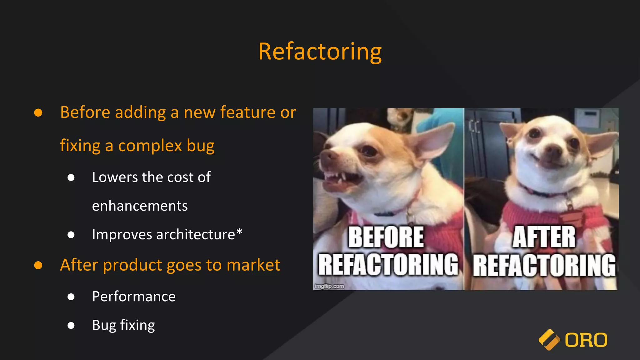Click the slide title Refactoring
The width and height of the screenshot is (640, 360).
point(320,52)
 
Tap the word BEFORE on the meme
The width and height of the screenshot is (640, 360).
point(386,237)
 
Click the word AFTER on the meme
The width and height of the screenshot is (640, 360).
point(544,237)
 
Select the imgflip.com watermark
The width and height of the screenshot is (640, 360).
point(329,286)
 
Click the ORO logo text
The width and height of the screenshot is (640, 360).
point(586,340)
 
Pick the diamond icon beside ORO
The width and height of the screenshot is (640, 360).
point(549,340)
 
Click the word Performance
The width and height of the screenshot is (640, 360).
point(134,297)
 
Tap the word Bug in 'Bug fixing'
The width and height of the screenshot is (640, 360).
point(104,325)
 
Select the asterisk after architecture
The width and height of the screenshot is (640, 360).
point(239,232)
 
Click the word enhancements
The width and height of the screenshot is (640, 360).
point(140,206)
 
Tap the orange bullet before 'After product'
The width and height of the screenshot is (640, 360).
point(38,265)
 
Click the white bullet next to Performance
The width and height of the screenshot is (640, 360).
point(71,297)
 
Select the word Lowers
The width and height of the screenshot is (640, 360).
point(115,177)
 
